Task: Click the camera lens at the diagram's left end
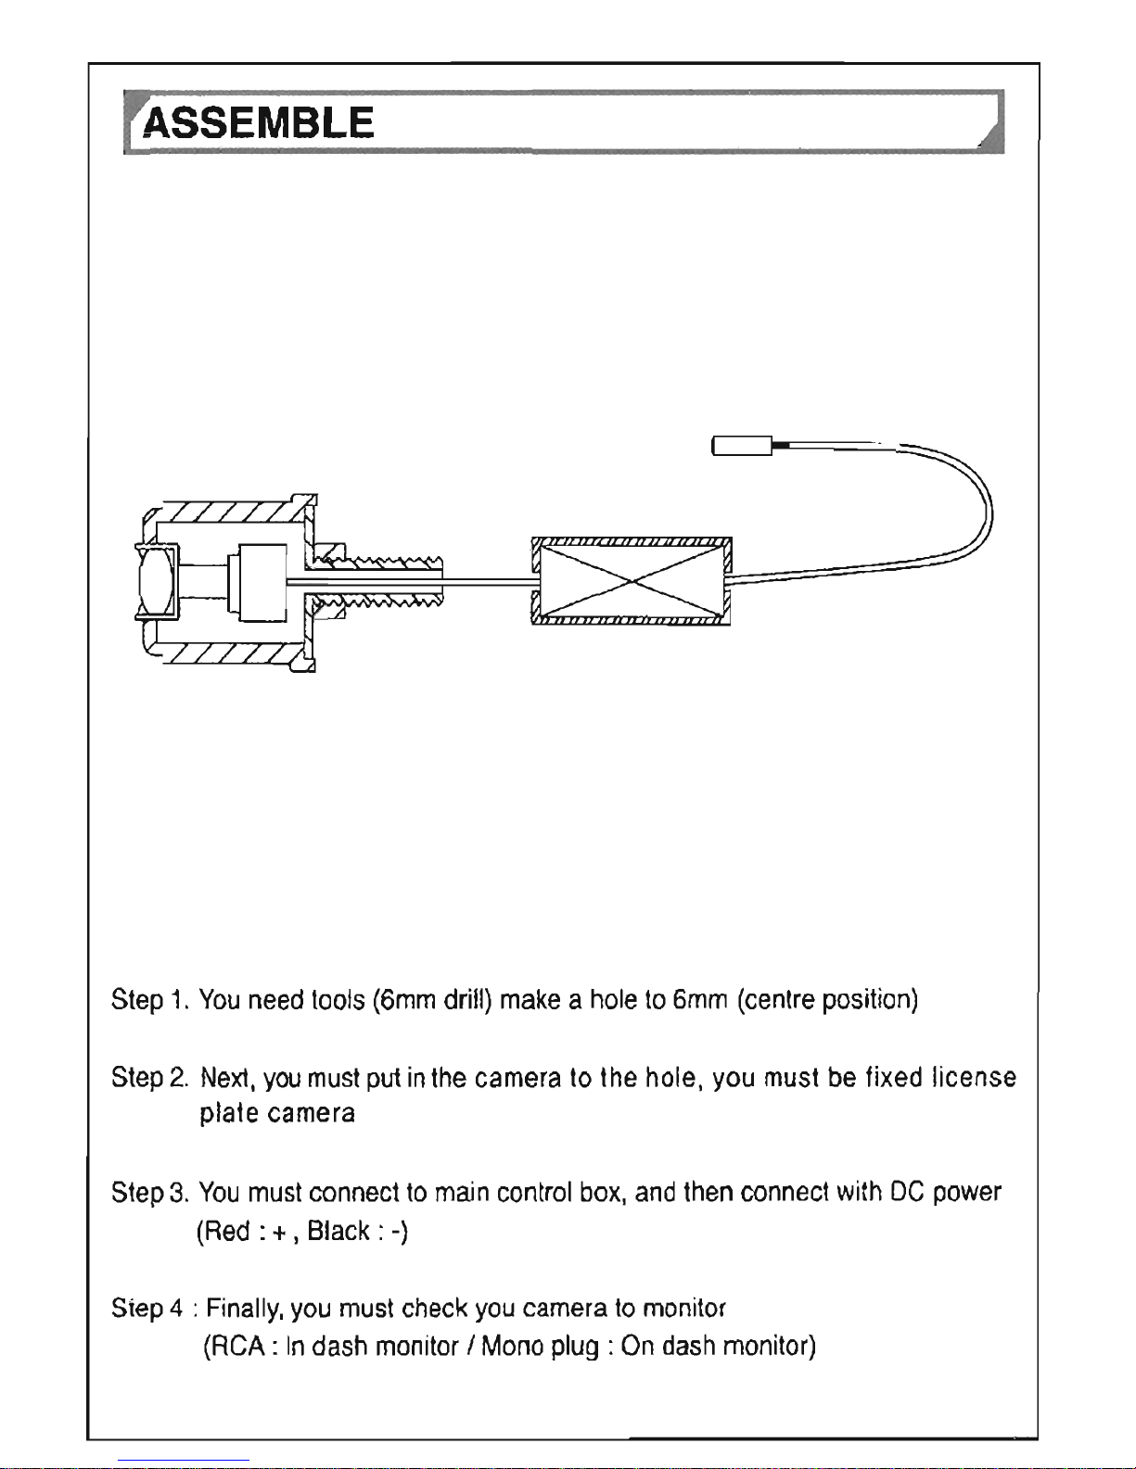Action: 156,580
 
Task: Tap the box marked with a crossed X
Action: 632,581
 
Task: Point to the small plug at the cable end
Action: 742,446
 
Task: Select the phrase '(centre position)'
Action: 827,1000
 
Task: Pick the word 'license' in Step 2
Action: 974,1078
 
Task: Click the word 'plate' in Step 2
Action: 227,1112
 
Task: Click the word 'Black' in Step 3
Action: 338,1231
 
